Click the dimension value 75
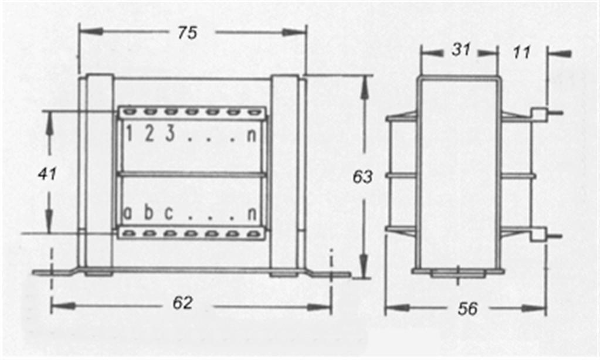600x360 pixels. coord(187,33)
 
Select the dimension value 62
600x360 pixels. coord(182,303)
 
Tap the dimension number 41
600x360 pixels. coord(47,174)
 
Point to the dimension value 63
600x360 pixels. coord(362,176)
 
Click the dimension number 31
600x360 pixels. coord(461,50)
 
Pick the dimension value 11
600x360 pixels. coord(521,52)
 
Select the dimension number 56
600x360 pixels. coord(468,309)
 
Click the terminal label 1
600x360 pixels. coord(129,134)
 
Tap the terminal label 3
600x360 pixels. coord(170,134)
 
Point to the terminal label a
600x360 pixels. coord(128,213)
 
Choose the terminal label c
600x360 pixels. coord(168,213)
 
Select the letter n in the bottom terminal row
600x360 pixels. coord(252,214)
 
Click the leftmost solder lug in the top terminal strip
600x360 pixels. coord(130,112)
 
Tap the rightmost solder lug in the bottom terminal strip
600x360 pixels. coord(252,233)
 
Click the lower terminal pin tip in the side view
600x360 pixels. coord(561,236)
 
